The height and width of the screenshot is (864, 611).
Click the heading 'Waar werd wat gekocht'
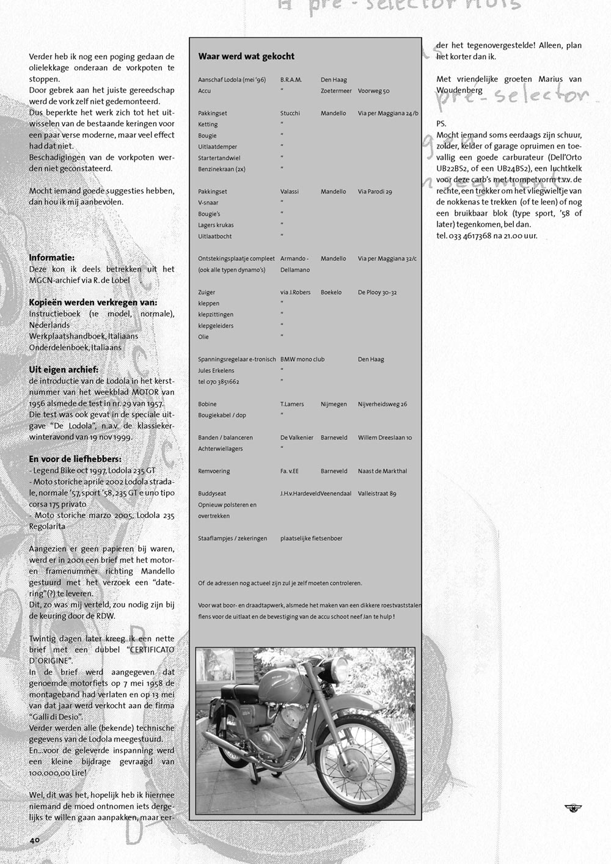(246, 56)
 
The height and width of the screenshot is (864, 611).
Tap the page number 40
(34, 840)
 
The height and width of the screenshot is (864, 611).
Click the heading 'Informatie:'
(52, 258)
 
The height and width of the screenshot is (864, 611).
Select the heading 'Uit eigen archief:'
(64, 370)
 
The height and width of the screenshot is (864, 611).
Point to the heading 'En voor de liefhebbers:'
(75, 459)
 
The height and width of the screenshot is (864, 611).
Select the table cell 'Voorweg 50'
(373, 91)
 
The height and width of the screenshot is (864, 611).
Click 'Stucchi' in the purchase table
(290, 114)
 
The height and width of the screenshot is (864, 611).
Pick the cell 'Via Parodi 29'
(375, 192)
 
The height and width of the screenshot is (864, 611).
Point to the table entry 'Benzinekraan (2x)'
(222, 169)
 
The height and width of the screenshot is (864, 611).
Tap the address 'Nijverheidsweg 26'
(382, 405)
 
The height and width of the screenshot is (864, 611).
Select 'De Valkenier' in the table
(297, 438)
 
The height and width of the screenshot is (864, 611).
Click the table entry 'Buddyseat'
(211, 494)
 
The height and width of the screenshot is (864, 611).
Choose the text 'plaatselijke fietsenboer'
(311, 539)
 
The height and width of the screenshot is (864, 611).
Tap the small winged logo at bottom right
(573, 808)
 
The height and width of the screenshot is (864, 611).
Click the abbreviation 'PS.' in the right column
(441, 124)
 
